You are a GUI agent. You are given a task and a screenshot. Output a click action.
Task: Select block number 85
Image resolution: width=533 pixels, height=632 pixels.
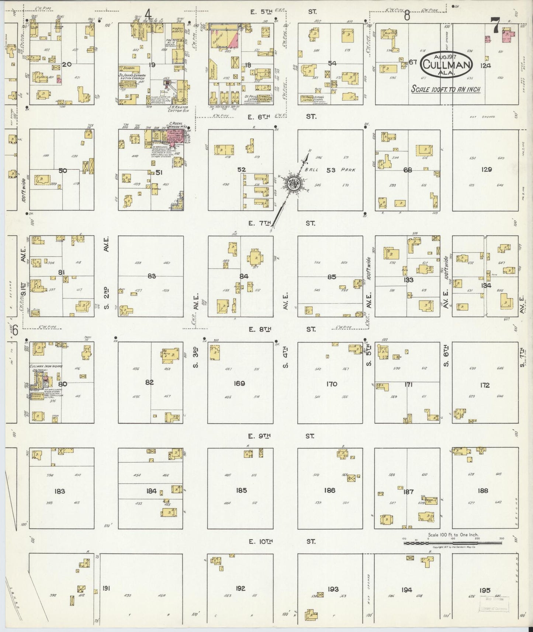point(332,277)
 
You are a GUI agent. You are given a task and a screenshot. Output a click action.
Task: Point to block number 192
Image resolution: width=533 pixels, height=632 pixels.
point(240,588)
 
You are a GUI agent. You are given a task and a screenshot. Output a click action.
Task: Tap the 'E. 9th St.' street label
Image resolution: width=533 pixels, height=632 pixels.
point(280,436)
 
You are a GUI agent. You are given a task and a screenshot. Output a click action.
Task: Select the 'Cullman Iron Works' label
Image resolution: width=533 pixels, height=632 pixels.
point(46,367)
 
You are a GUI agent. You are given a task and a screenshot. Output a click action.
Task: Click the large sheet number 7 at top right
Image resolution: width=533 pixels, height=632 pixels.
point(495,26)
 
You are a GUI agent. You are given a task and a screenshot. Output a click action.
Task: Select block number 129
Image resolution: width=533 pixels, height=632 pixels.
point(487,170)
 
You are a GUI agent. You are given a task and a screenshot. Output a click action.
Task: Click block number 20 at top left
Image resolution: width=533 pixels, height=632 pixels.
point(67,65)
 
